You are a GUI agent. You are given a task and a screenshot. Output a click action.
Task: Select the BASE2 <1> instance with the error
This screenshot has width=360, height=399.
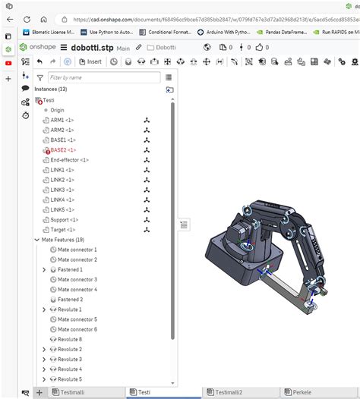click(63, 150)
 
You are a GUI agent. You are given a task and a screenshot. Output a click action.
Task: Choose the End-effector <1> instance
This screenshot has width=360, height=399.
click(69, 160)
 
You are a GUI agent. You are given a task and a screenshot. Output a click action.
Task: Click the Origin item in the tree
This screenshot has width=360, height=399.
click(57, 110)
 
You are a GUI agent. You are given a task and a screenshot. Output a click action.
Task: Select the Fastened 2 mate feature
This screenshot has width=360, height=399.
click(71, 299)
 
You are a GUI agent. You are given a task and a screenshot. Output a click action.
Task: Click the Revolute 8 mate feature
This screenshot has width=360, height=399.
click(70, 339)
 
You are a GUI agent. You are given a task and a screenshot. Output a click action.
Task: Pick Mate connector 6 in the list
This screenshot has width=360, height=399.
click(77, 329)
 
